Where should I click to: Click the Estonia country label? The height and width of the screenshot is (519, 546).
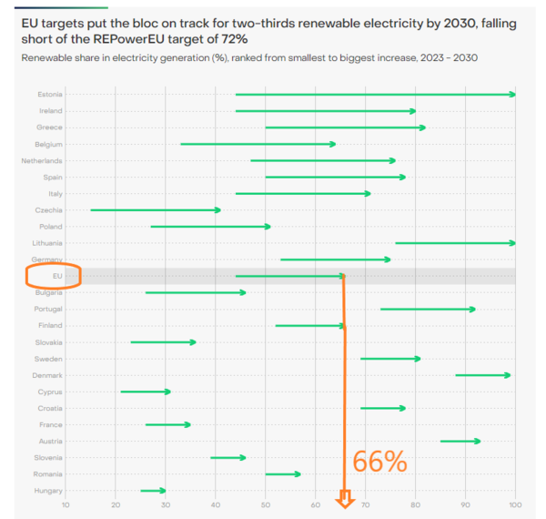(50, 95)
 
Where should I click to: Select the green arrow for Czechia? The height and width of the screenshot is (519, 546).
(155, 210)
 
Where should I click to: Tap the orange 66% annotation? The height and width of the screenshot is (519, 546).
(380, 462)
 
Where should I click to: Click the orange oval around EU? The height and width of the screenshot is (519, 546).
(54, 276)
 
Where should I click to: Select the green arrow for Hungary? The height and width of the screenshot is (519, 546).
(153, 491)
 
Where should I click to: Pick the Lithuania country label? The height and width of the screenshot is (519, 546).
(47, 243)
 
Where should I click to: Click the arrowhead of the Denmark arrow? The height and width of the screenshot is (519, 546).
(508, 375)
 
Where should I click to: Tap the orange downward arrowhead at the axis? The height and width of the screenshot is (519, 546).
(345, 499)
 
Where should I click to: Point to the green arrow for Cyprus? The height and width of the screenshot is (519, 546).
(146, 392)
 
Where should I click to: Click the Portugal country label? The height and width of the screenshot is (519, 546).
(49, 309)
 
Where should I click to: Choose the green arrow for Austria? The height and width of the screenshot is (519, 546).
(460, 441)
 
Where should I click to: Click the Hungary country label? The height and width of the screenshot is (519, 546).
(50, 491)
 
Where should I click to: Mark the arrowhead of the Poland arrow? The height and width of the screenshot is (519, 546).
(268, 227)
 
